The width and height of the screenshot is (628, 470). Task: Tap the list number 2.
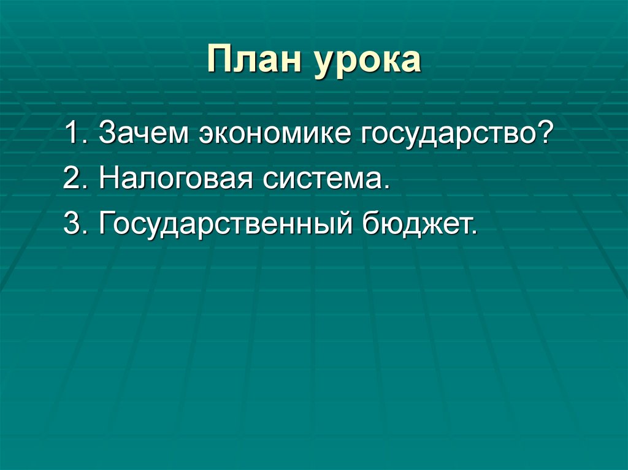(72, 180)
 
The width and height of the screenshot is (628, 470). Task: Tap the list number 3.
(72, 225)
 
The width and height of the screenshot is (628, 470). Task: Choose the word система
(325, 181)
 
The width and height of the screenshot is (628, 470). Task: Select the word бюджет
(416, 226)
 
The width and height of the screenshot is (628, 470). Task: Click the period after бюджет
(473, 233)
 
